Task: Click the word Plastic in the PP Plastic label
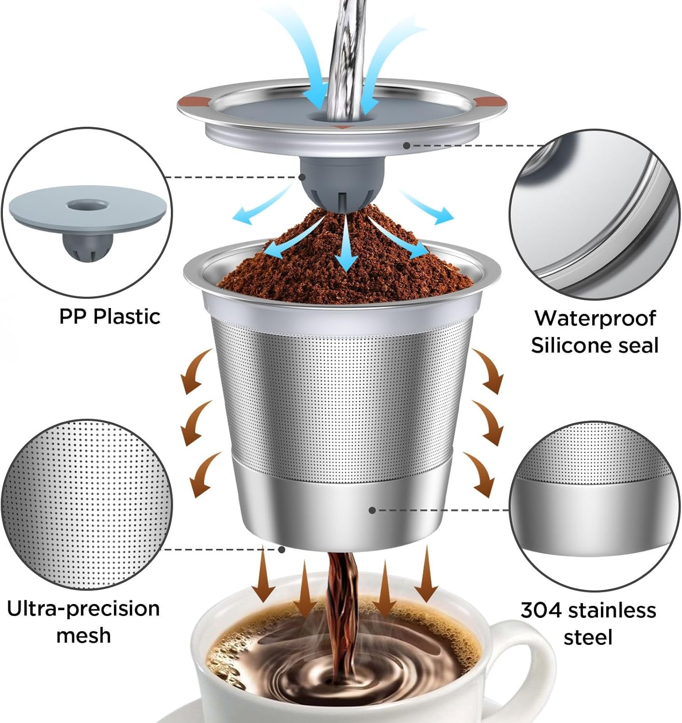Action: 126,317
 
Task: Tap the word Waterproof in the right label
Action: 595,318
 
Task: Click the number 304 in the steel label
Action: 541,610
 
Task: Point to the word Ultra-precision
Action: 83,609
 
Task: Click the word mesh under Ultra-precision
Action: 83,636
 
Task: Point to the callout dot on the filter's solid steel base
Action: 372,510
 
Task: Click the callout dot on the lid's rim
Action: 406,145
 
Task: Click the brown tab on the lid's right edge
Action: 490,102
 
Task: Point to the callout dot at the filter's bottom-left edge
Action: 282,549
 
